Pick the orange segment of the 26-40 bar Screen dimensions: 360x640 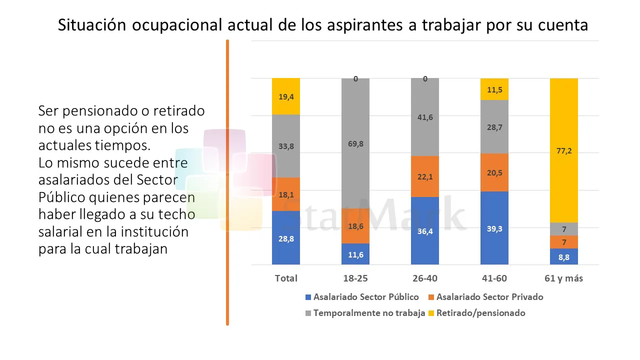click(x=425, y=176)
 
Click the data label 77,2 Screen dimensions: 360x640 click(x=563, y=150)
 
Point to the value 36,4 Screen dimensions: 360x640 click(x=425, y=230)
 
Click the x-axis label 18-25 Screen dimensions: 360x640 click(x=355, y=278)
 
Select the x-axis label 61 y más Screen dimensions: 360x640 click(x=563, y=278)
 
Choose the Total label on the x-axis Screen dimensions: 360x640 click(x=286, y=278)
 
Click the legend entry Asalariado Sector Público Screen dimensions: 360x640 click(x=366, y=297)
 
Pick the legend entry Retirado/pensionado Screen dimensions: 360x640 click(x=480, y=313)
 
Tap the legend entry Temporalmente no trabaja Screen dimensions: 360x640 click(x=369, y=313)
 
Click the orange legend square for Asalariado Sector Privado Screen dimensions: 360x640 click(x=431, y=297)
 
